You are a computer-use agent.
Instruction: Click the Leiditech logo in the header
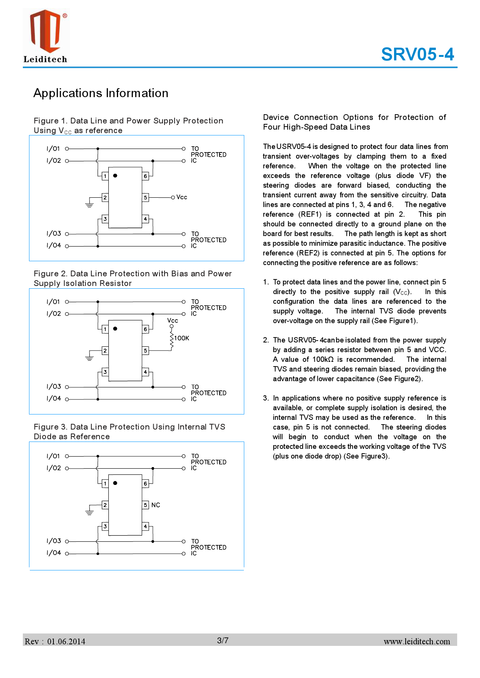click(46, 36)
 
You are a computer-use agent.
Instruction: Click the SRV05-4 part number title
click(417, 54)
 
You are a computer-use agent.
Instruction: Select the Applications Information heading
click(101, 93)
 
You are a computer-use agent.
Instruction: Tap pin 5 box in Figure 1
click(146, 197)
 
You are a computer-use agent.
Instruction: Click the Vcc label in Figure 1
click(182, 197)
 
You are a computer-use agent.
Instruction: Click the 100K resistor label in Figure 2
click(182, 338)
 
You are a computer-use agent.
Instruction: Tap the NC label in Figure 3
click(156, 505)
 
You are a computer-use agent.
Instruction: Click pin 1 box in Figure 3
click(105, 483)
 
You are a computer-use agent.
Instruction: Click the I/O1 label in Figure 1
click(53, 149)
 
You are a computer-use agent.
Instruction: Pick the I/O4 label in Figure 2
click(54, 399)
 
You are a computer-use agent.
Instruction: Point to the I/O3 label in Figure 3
click(54, 541)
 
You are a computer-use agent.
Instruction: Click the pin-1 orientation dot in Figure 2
click(115, 329)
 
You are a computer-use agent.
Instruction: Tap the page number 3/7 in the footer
click(223, 640)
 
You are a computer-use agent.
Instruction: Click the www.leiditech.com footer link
click(417, 642)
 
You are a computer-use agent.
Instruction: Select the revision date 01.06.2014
click(66, 642)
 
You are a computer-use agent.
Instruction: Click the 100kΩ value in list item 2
click(323, 360)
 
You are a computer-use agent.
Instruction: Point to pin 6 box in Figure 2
click(146, 329)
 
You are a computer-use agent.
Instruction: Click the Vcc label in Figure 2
click(173, 320)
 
